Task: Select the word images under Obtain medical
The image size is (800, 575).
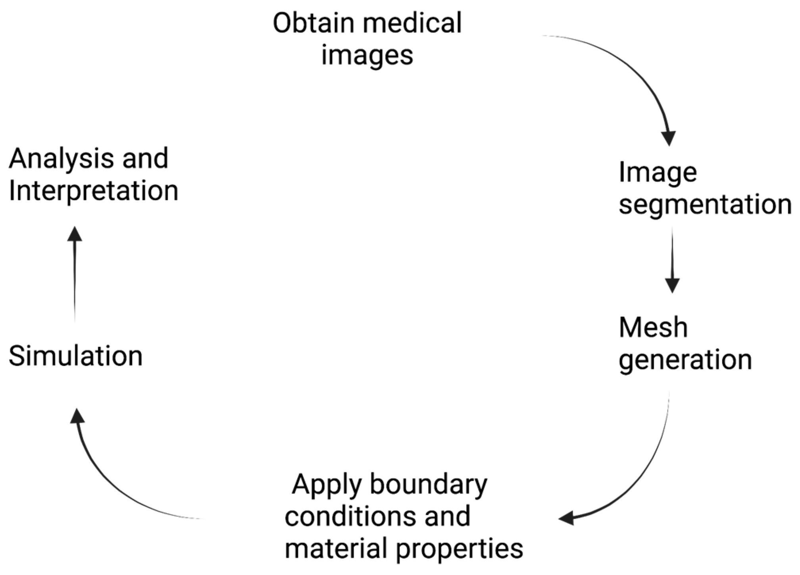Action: (367, 56)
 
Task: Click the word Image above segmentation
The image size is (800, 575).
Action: (658, 173)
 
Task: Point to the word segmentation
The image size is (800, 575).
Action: (705, 205)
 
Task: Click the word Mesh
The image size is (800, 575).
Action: (653, 328)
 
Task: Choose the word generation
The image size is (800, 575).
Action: (685, 360)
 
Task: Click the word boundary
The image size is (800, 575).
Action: (429, 485)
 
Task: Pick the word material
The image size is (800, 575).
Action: (337, 549)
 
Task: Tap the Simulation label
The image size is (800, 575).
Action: (75, 356)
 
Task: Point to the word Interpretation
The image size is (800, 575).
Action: (93, 191)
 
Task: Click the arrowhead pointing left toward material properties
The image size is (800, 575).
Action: (566, 518)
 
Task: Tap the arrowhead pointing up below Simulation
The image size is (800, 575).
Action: (77, 416)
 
